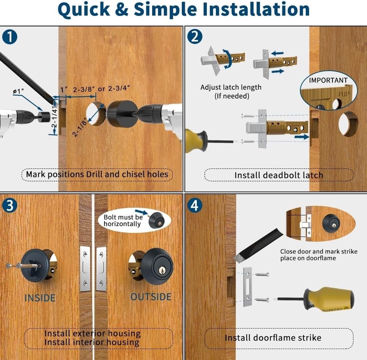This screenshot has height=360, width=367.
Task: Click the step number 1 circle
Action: click(10, 37)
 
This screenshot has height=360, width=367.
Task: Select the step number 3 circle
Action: click(10, 205)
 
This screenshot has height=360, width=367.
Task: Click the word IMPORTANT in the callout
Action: click(328, 80)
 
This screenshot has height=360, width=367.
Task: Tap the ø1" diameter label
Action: click(18, 91)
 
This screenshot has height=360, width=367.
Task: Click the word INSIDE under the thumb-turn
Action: click(40, 298)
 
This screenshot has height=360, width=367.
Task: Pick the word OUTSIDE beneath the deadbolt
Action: click(151, 297)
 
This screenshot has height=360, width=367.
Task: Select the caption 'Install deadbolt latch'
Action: click(278, 175)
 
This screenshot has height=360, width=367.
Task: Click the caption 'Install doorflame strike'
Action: click(273, 338)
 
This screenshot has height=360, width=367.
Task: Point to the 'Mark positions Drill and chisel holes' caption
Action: click(97, 174)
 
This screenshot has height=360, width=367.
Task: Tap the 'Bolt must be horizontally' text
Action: click(123, 220)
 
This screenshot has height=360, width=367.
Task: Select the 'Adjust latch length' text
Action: click(231, 87)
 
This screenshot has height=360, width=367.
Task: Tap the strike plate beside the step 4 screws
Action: click(247, 287)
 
